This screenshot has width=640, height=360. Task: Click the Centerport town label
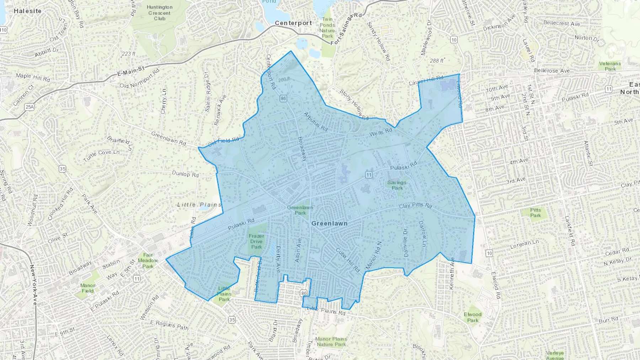[x=293, y=23]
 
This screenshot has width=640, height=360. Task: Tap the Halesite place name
[x=27, y=11]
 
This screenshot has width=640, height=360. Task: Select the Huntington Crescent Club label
[x=159, y=13]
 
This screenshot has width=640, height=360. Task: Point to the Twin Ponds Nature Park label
[x=327, y=28]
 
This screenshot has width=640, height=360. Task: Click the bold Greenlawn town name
[x=329, y=224]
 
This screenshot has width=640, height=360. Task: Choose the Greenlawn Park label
[x=300, y=210]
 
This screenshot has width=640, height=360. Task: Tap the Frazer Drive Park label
[x=256, y=241]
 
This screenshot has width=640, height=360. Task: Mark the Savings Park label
[x=397, y=185]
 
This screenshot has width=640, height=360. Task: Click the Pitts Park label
[x=535, y=213]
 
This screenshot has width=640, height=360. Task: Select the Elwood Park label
[x=473, y=317]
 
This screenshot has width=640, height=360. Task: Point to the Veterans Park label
[x=610, y=66]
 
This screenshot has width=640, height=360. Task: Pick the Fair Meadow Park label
[x=148, y=260]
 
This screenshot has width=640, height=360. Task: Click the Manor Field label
[x=87, y=288]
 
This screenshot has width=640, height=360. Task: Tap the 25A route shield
[x=30, y=107]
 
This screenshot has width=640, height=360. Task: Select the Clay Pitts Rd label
[x=415, y=206]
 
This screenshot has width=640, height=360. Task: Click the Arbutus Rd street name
[x=315, y=122]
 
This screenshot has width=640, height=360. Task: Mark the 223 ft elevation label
[x=128, y=54]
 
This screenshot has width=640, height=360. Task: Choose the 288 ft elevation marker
[x=437, y=61]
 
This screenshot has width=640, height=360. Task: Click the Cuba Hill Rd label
[x=348, y=260]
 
